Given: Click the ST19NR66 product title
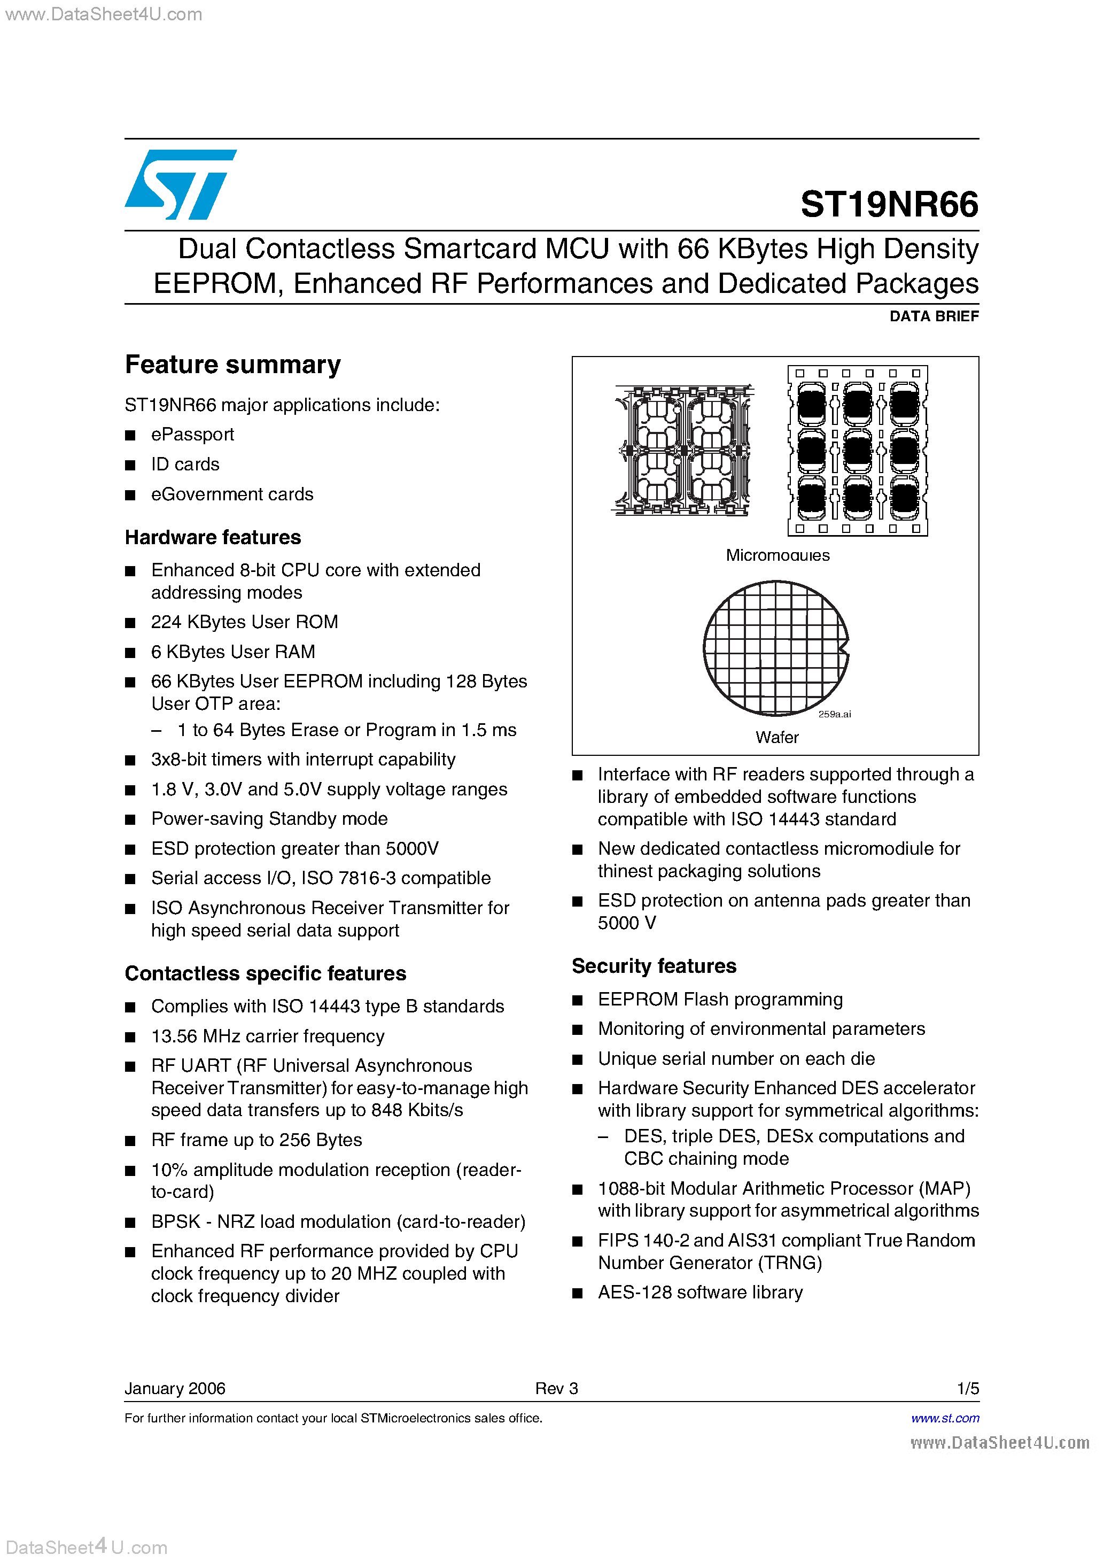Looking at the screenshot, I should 889,204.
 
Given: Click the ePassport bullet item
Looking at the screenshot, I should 192,435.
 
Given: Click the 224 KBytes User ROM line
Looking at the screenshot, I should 244,622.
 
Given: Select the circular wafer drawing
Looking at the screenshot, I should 775,647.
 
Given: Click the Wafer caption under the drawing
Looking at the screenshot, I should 776,737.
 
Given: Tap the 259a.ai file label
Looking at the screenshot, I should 835,714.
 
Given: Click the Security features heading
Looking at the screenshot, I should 654,965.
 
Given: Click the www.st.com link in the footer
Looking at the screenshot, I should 945,1418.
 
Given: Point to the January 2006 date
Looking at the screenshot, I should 175,1388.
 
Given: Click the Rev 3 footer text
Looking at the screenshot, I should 556,1388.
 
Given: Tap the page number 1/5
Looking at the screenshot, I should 967,1388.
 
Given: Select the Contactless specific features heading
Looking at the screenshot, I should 266,973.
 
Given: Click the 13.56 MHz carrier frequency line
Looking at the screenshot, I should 268,1036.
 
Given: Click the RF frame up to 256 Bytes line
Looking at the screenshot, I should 256,1140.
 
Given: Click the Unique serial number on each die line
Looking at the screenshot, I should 736,1058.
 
